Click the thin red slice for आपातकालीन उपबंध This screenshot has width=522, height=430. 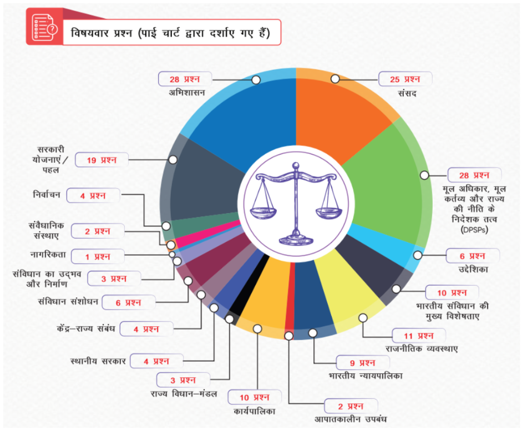pyautogui.click(x=290, y=311)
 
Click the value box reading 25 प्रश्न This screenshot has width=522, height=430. pyautogui.click(x=405, y=79)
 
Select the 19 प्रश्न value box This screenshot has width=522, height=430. pyautogui.click(x=102, y=160)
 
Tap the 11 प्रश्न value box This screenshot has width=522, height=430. pyautogui.click(x=419, y=335)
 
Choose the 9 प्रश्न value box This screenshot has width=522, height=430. pyautogui.click(x=363, y=363)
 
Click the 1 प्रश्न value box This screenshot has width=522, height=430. pyautogui.click(x=98, y=256)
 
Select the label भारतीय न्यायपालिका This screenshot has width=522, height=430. pyautogui.click(x=365, y=376)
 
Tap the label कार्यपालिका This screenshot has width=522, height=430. pyautogui.click(x=255, y=411)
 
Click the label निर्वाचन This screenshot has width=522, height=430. pyautogui.click(x=47, y=195)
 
